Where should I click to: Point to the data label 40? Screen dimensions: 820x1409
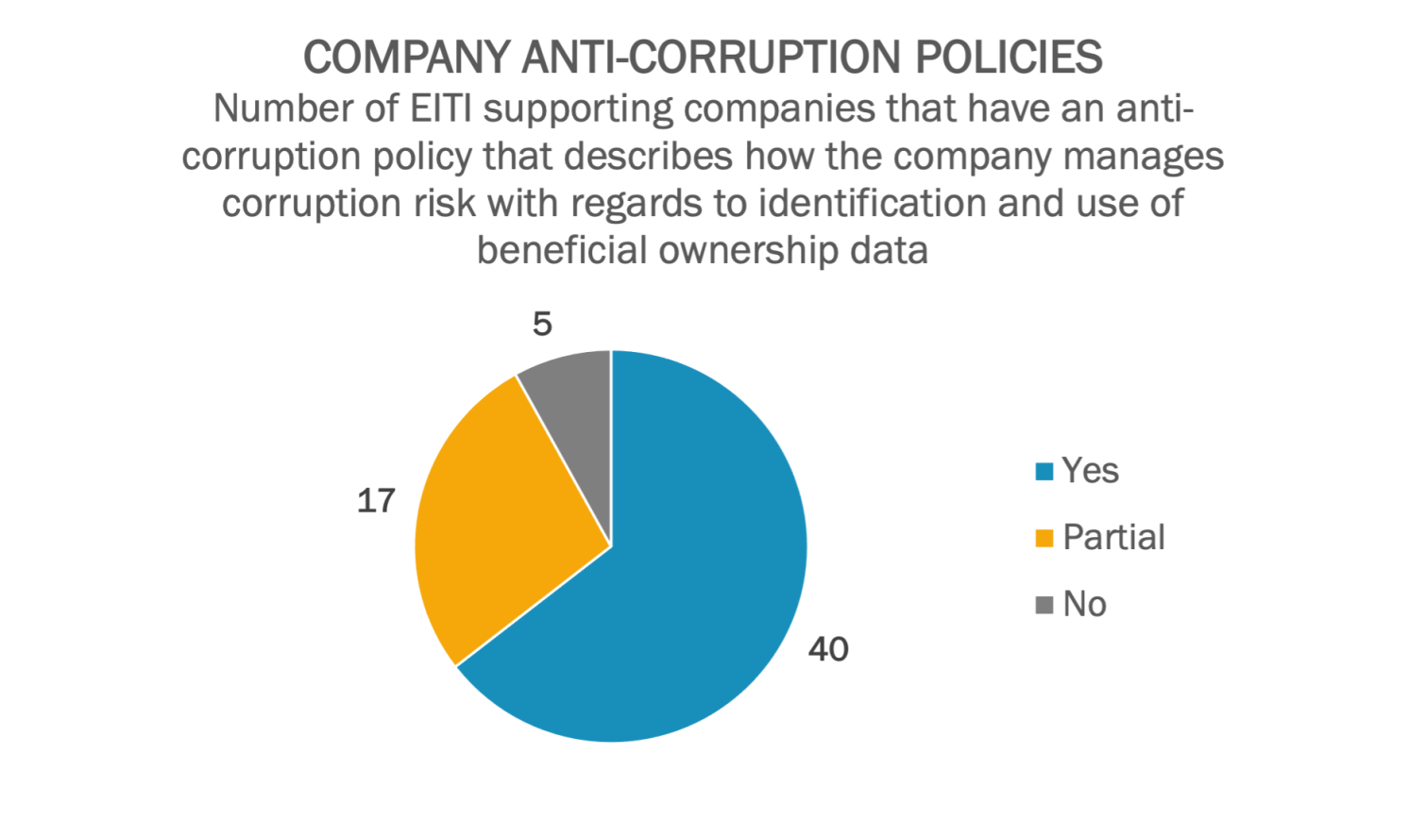point(828,649)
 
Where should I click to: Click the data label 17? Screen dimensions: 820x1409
point(376,500)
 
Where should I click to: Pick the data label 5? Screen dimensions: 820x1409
point(542,325)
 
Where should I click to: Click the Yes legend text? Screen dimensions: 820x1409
point(1090,471)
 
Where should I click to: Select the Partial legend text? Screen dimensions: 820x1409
point(1113,538)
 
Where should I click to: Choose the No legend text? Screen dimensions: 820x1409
point(1084,604)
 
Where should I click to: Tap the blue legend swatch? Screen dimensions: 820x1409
point(1044,472)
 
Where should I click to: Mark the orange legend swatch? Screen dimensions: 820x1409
point(1044,539)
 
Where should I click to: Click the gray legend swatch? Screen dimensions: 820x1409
point(1044,605)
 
